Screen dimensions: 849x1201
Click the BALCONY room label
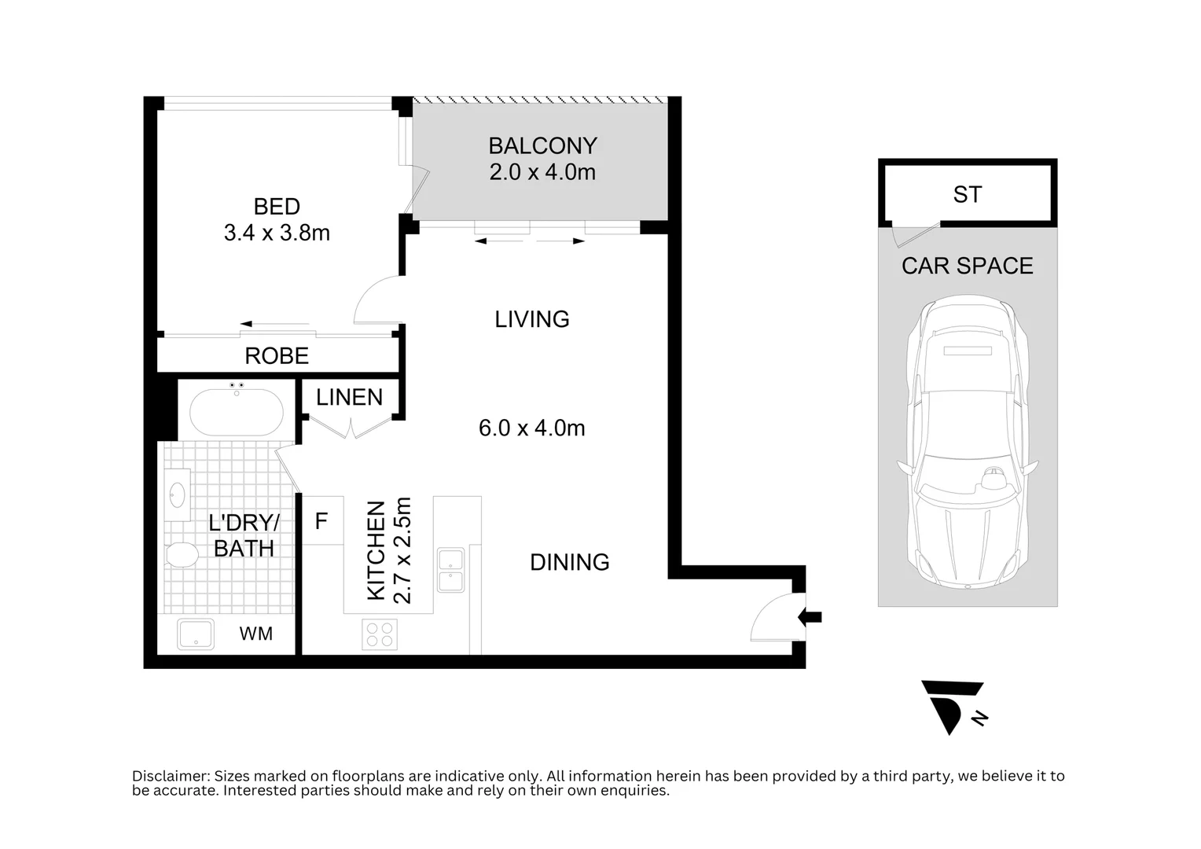coord(542,146)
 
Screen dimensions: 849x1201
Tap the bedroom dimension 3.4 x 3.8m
coord(277,233)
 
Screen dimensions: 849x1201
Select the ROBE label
coord(277,356)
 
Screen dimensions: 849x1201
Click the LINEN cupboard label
coord(349,398)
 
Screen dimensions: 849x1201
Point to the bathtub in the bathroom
coord(237,412)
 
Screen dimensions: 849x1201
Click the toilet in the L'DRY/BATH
coord(182,555)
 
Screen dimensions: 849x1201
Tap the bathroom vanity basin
coord(178,495)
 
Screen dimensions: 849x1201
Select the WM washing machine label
coord(255,634)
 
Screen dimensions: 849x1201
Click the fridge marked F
coord(321,521)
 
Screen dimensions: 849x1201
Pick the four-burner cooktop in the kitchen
coord(380,634)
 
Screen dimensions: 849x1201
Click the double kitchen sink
coord(450,570)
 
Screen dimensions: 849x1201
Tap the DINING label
coord(569,563)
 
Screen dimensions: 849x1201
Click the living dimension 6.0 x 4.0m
coord(531,428)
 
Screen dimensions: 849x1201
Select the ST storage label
coord(967,195)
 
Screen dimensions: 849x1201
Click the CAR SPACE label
coord(967,266)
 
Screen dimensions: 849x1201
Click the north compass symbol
coord(952,704)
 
